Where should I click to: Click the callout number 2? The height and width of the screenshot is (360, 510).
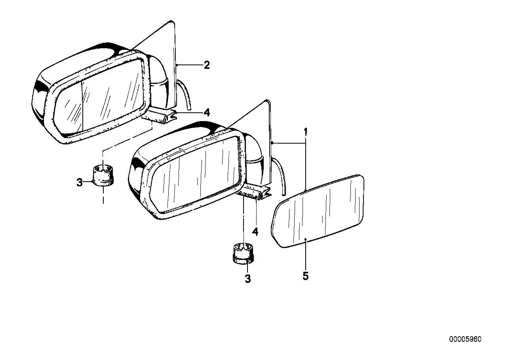[207, 65]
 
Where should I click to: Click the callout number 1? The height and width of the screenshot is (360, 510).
[306, 132]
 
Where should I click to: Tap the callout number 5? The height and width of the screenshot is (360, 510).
[305, 276]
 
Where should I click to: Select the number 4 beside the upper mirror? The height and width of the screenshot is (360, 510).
[207, 113]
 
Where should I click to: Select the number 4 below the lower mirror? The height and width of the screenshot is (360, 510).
[255, 232]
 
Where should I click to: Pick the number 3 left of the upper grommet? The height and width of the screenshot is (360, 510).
[79, 182]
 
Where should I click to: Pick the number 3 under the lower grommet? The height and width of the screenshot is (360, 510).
[248, 279]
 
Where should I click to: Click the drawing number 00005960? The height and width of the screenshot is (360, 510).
[465, 339]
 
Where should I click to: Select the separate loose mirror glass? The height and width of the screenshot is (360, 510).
[318, 211]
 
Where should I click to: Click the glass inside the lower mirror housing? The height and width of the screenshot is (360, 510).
[196, 174]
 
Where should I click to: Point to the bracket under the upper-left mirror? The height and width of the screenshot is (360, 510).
[159, 116]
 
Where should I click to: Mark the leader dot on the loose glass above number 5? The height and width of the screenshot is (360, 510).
[306, 239]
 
